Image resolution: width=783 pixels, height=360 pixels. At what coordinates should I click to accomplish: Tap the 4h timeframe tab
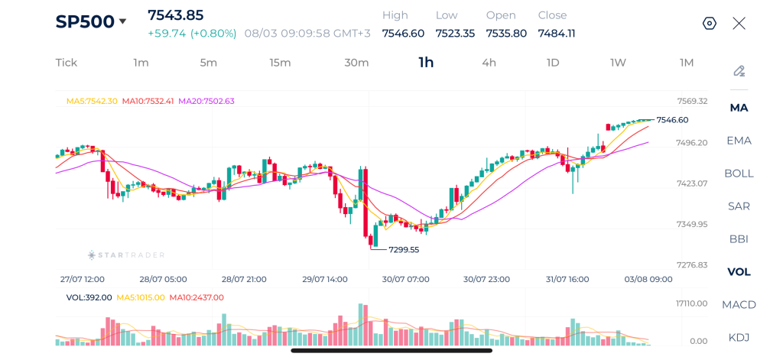pyautogui.click(x=489, y=63)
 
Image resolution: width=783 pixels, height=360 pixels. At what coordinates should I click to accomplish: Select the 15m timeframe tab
pyautogui.click(x=280, y=63)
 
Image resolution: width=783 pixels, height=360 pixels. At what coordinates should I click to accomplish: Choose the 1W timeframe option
pyautogui.click(x=618, y=63)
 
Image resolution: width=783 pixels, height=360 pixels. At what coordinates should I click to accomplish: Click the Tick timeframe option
pyautogui.click(x=67, y=63)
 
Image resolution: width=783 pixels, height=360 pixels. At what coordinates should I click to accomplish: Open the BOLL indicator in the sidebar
pyautogui.click(x=739, y=174)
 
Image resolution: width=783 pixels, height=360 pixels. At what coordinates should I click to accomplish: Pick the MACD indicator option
pyautogui.click(x=739, y=304)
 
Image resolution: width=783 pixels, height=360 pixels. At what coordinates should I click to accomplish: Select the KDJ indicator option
pyautogui.click(x=739, y=338)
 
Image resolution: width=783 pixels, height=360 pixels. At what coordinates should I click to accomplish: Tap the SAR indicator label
pyautogui.click(x=739, y=206)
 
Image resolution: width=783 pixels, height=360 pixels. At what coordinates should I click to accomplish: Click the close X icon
pyautogui.click(x=739, y=24)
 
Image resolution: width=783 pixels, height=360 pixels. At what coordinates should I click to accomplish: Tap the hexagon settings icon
pyautogui.click(x=710, y=24)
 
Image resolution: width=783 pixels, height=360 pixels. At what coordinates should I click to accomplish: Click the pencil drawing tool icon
pyautogui.click(x=739, y=71)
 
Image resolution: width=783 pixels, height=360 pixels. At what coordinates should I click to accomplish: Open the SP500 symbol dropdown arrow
pyautogui.click(x=122, y=21)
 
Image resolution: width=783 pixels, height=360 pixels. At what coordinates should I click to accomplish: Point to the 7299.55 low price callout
pyautogui.click(x=404, y=250)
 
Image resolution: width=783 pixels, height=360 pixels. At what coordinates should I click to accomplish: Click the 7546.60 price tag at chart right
pyautogui.click(x=673, y=120)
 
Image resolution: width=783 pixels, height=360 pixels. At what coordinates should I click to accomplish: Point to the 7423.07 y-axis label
pyautogui.click(x=692, y=183)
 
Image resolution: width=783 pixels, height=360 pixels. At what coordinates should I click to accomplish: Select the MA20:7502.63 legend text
pyautogui.click(x=206, y=101)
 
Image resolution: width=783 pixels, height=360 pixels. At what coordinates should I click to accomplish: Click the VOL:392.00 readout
pyautogui.click(x=89, y=297)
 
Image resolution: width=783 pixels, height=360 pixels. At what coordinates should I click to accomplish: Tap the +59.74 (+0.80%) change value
pyautogui.click(x=192, y=34)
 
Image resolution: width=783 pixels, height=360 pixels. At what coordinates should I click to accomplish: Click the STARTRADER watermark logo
pyautogui.click(x=126, y=255)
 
